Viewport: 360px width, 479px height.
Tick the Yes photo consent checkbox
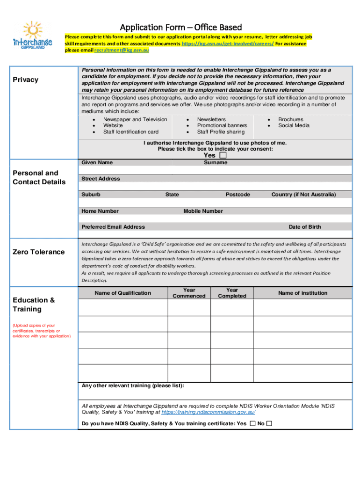click(223, 155)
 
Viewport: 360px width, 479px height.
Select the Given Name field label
click(97, 163)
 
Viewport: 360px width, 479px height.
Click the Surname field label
click(216, 163)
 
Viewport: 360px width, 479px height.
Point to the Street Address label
click(101, 179)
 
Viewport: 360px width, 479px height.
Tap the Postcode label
click(238, 195)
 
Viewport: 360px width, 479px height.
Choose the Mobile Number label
click(203, 211)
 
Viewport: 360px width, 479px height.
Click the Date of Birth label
click(305, 227)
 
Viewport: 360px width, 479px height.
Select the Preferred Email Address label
click(113, 227)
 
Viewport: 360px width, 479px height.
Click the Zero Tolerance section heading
click(39, 252)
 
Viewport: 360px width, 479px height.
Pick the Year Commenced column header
click(189, 293)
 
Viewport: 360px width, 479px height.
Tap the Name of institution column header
click(302, 293)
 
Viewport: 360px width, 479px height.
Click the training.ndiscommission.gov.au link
click(208, 413)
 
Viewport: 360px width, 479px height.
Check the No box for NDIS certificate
click(269, 424)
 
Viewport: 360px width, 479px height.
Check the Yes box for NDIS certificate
click(252, 424)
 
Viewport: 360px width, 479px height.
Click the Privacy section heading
click(26, 80)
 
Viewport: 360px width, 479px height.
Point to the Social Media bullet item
click(294, 125)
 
